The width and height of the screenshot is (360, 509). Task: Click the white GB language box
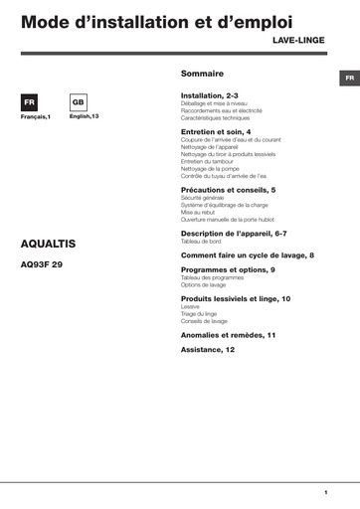point(80,103)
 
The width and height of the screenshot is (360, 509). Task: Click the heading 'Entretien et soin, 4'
point(216,131)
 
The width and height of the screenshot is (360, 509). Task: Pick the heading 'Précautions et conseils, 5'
point(228,189)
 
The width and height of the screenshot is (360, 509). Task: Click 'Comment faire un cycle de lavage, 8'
point(248,254)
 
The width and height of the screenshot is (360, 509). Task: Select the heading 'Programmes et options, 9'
point(228,269)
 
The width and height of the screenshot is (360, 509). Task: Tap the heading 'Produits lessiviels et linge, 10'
point(236,298)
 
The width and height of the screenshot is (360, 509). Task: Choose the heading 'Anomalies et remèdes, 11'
point(228,335)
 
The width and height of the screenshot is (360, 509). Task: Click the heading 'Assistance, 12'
point(208,350)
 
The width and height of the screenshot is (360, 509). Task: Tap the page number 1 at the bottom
point(325,492)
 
